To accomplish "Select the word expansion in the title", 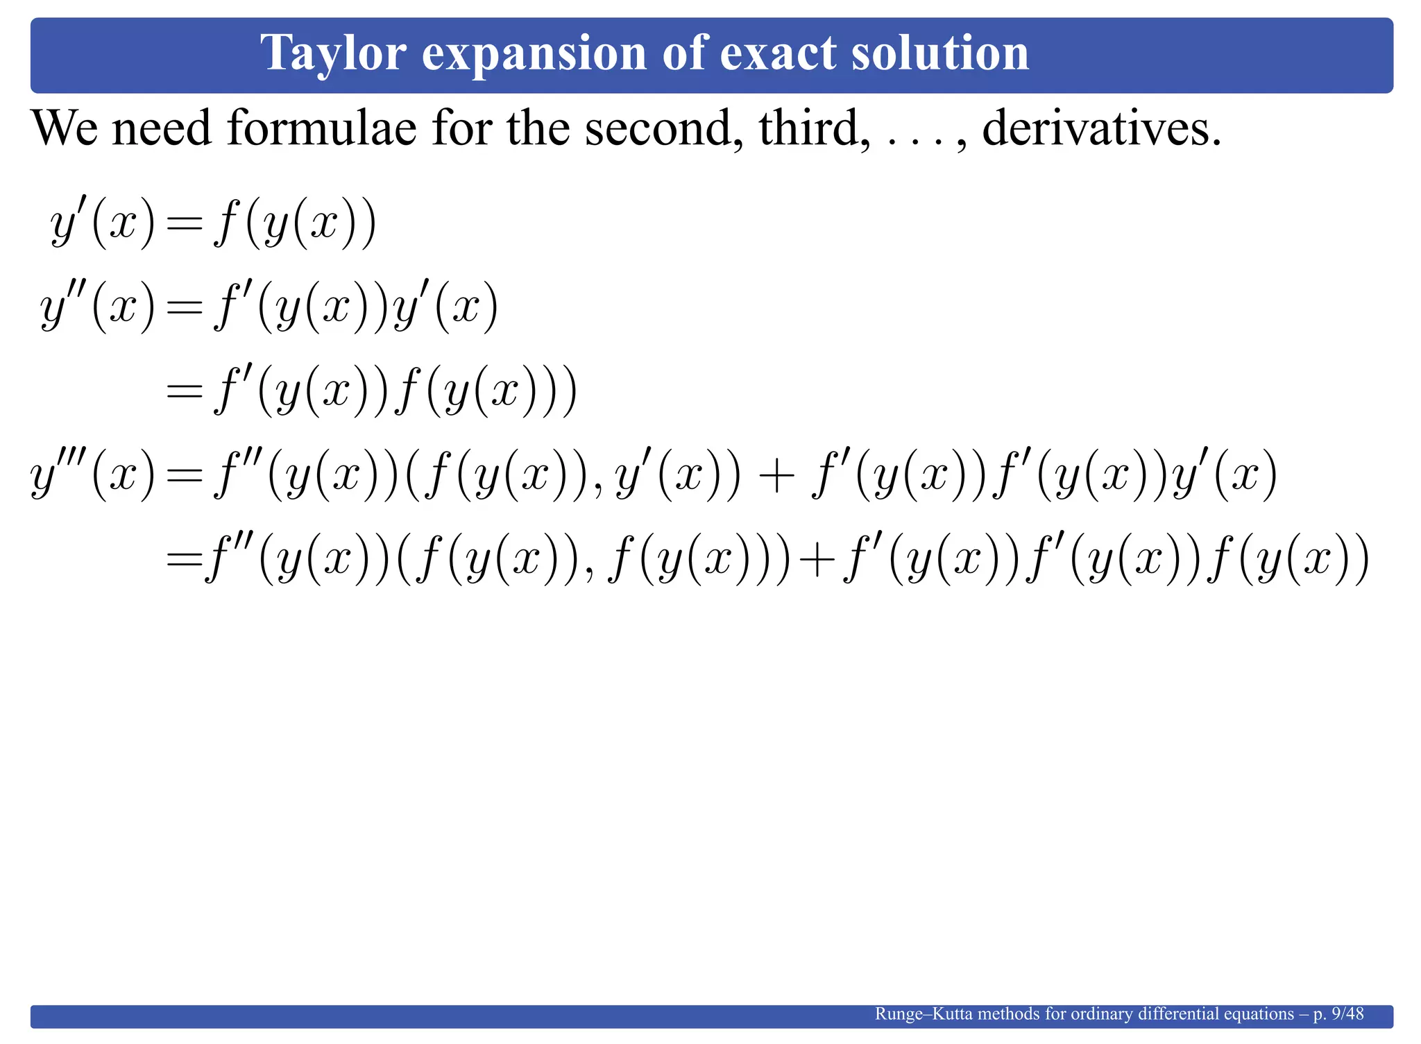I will [534, 53].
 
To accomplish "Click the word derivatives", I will [1102, 128].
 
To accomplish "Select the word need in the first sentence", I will [162, 128].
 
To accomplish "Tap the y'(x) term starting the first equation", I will [103, 225].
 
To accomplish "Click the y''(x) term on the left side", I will [98, 307].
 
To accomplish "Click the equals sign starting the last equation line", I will [184, 559].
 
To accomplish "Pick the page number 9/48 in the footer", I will [1347, 1014].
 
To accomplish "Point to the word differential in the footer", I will [1162, 1014].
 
